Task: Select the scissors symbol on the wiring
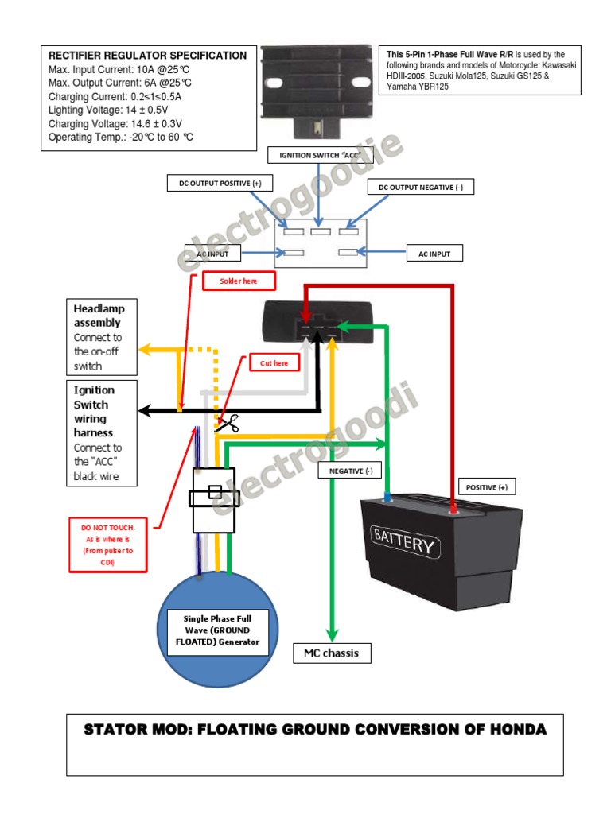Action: [x=228, y=424]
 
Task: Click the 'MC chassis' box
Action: [x=332, y=653]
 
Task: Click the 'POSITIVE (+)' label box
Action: [x=486, y=487]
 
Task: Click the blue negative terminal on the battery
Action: [x=387, y=498]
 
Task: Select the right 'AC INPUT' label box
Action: [x=434, y=254]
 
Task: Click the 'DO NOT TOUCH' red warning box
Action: [x=108, y=545]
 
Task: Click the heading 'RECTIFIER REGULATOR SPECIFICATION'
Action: [x=148, y=56]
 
